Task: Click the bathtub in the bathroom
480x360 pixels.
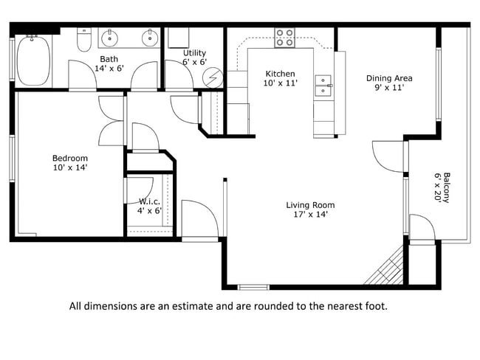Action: point(34,60)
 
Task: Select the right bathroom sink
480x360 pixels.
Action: point(150,37)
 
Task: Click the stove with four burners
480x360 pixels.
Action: point(285,38)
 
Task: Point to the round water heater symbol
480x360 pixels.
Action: point(213,76)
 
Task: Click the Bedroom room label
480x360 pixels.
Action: point(69,158)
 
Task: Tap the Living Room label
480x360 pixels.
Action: point(310,205)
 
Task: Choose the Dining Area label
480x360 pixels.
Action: point(389,78)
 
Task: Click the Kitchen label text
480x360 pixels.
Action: point(280,74)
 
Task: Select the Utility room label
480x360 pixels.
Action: point(195,53)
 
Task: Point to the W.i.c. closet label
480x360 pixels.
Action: point(150,201)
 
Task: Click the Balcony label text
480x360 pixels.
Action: point(446,187)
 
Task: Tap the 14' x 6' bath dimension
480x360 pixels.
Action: point(109,68)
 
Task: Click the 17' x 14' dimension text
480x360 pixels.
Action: point(310,215)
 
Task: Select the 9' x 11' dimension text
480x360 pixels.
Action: point(389,88)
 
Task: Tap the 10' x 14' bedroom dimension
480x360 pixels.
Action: point(69,167)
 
